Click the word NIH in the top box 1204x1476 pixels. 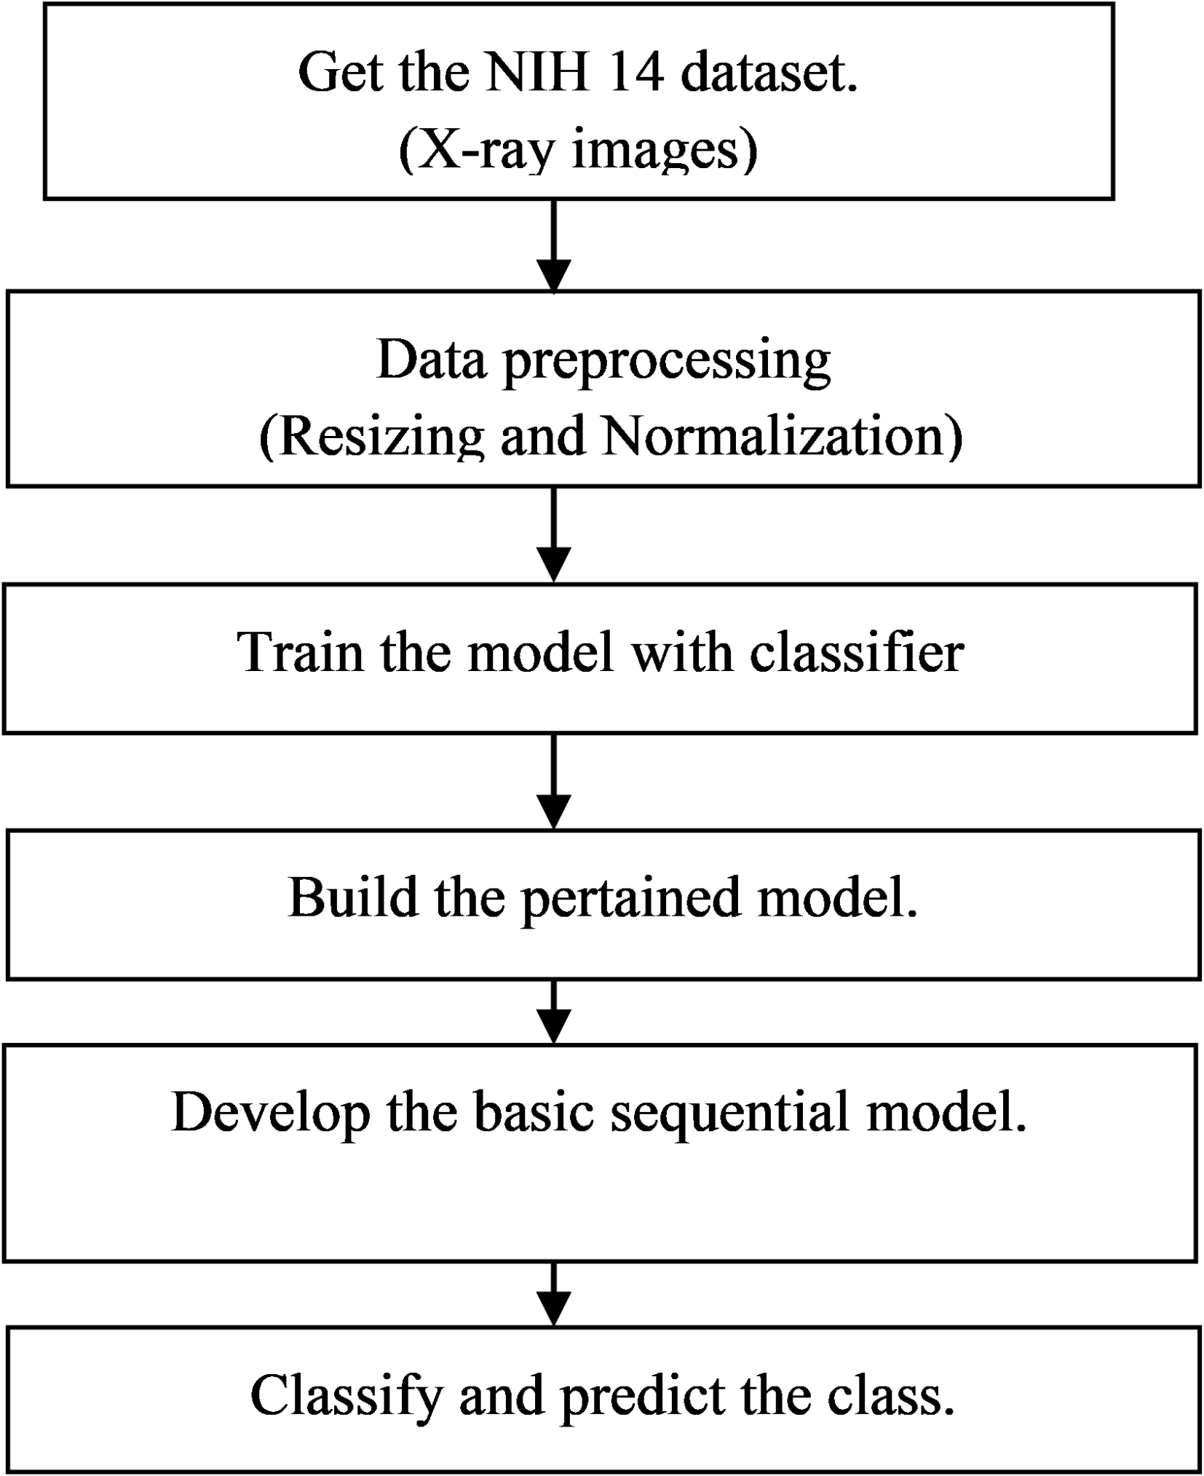coord(536,73)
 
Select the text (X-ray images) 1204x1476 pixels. coord(578,151)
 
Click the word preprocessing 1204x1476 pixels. coord(666,361)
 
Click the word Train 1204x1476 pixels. coord(301,651)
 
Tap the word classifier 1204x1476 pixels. coord(857,651)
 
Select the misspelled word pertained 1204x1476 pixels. coord(632,898)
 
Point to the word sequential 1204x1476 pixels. coord(729,1114)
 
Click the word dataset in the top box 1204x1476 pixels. coord(769,73)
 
